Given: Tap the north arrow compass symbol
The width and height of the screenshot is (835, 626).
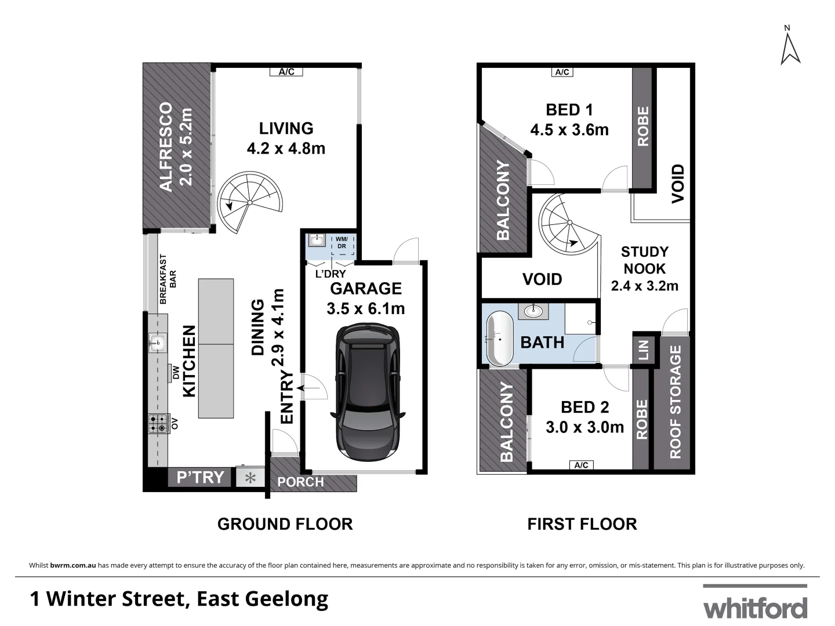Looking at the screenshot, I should coord(790,46).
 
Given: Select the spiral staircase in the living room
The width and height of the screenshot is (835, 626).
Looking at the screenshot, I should coord(249,203).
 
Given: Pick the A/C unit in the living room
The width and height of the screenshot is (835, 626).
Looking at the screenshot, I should coord(286,72).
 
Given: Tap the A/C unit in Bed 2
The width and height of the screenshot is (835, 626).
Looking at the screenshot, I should coord(581,465).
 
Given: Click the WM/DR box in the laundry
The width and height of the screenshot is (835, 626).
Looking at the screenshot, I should coord(342,243).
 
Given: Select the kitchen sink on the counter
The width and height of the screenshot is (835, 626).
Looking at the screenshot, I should coord(157,343).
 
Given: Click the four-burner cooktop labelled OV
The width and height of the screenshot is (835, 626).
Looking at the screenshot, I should coord(157,424).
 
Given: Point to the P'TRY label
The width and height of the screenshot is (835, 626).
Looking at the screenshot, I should coord(201,478).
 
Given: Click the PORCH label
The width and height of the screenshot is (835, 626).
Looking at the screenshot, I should coord(300,482).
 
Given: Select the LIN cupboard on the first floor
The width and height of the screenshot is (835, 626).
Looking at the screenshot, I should coord(643,350).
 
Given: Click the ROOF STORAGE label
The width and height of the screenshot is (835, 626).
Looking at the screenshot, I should coord(676,402).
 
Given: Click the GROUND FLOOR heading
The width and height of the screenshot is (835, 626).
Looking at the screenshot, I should coord(285,524).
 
